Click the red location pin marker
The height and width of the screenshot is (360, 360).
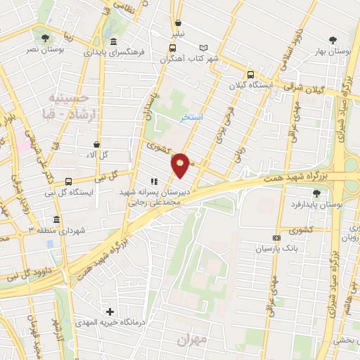click(x=181, y=165)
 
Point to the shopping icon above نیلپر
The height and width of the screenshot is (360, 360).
click(x=178, y=22)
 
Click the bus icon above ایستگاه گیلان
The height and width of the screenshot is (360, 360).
click(x=250, y=75)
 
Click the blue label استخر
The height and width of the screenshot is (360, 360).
click(x=191, y=117)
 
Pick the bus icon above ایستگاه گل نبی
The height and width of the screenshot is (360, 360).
click(x=68, y=181)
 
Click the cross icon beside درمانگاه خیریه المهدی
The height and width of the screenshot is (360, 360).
click(x=109, y=311)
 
